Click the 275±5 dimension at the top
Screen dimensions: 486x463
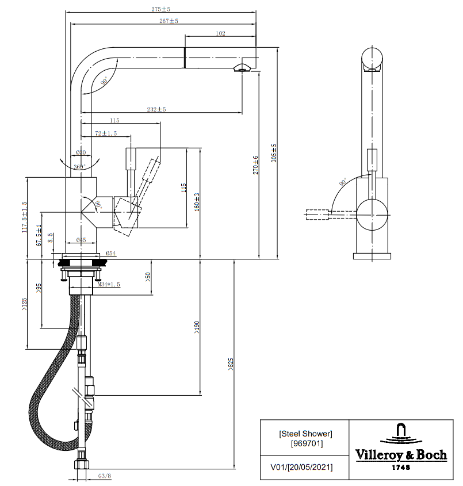pyautogui.click(x=160, y=9)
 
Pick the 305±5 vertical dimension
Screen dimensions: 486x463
pyautogui.click(x=274, y=154)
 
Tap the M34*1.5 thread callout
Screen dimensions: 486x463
pyautogui.click(x=109, y=284)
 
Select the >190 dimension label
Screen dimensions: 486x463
pyautogui.click(x=197, y=327)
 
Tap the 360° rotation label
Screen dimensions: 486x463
pyautogui.click(x=79, y=167)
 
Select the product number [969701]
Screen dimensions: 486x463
pyautogui.click(x=305, y=443)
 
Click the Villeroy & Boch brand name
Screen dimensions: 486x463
pyautogui.click(x=401, y=455)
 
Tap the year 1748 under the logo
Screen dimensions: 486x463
pyautogui.click(x=401, y=468)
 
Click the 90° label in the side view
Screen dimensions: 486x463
pyautogui.click(x=343, y=182)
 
